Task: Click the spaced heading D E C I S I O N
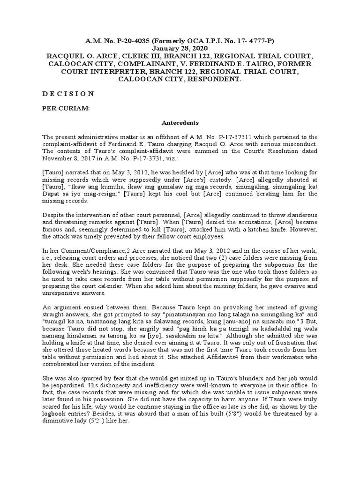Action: pos(68,94)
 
